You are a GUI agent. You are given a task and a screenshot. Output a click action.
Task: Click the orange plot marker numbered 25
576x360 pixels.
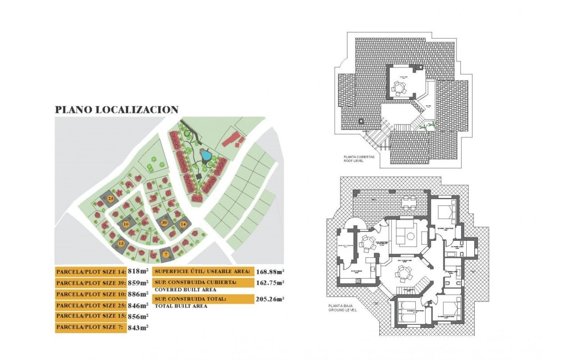tap(110, 198)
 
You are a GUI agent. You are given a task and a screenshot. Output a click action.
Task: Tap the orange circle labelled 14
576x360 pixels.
tap(183, 224)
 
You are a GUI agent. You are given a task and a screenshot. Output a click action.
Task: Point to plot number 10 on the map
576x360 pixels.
tap(126, 224)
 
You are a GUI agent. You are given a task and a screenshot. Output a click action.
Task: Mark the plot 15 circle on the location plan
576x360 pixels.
tap(121, 243)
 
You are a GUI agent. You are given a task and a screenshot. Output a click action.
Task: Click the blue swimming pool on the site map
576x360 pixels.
tap(206, 156)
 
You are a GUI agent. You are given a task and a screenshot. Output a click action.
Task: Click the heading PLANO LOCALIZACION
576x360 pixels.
tap(117, 110)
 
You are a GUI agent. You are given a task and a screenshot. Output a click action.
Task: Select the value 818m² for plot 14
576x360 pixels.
tap(138, 271)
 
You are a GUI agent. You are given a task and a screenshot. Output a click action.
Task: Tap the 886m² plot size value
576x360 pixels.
tap(138, 294)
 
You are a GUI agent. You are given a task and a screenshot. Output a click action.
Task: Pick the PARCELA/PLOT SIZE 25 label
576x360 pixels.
tap(90, 306)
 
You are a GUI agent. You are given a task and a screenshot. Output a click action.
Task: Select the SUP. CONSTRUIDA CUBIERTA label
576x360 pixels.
tap(196, 283)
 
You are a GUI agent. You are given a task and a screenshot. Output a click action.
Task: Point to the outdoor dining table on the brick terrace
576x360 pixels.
tap(409, 202)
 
